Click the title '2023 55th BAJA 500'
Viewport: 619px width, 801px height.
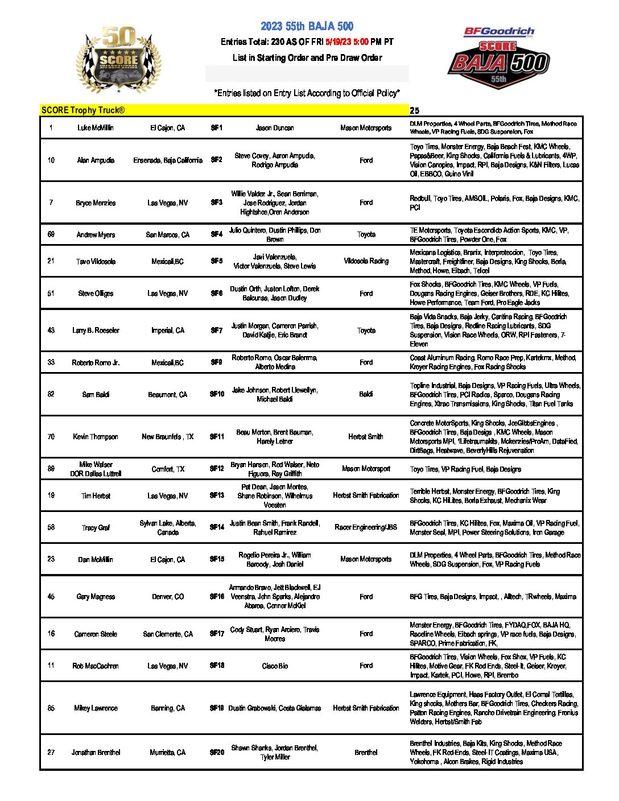click(x=307, y=26)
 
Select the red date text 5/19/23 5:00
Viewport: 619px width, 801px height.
click(x=346, y=42)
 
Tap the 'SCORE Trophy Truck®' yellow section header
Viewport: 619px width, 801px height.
click(x=83, y=110)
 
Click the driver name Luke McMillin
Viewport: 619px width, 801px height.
click(x=96, y=128)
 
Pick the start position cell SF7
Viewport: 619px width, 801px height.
click(x=217, y=331)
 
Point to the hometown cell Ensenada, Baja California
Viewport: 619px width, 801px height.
click(x=168, y=160)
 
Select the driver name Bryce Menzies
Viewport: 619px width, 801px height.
click(x=96, y=203)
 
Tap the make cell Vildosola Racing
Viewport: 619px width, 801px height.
click(x=366, y=261)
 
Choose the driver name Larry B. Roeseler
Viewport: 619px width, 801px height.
click(x=96, y=331)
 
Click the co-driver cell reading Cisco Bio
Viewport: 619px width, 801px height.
click(x=275, y=666)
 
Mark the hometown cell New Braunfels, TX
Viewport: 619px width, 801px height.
click(x=168, y=437)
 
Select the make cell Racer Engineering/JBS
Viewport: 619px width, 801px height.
click(x=366, y=527)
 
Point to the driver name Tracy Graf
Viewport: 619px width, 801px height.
click(x=96, y=528)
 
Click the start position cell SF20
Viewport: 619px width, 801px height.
click(x=217, y=753)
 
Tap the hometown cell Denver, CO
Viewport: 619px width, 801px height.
click(x=168, y=597)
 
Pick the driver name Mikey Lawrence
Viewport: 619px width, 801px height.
click(x=96, y=708)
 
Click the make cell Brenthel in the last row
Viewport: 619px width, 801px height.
click(x=366, y=753)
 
